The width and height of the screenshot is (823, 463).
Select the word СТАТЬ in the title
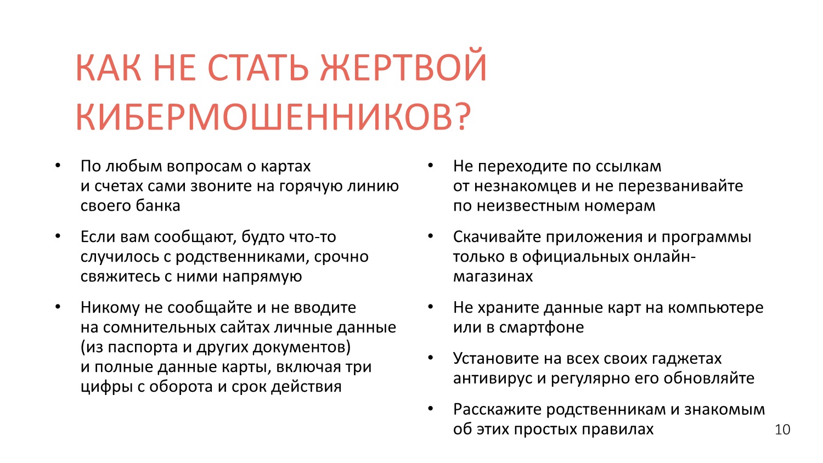click(258, 67)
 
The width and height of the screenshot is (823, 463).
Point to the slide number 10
click(782, 429)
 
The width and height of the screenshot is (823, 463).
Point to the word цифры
click(106, 387)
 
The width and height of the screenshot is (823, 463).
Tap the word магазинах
click(493, 276)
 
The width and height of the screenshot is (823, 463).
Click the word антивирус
click(493, 379)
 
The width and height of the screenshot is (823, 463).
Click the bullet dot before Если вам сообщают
click(58, 236)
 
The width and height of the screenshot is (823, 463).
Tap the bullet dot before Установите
click(431, 358)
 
